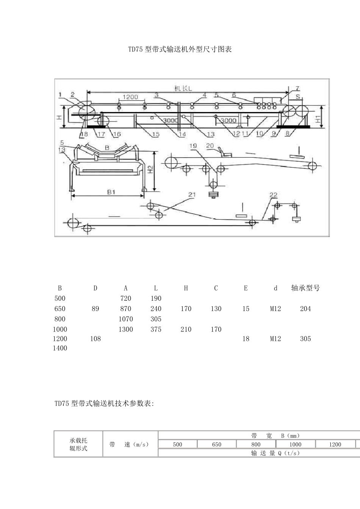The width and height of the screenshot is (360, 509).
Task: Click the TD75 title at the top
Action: pos(180,49)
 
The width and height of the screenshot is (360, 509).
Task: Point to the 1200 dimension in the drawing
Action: pos(130,97)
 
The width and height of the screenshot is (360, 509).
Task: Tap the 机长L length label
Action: pos(183,88)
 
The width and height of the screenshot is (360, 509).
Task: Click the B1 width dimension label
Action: pos(111,192)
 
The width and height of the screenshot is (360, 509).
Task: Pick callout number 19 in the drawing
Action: pos(193,146)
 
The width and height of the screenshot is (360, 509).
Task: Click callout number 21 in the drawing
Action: pos(192,195)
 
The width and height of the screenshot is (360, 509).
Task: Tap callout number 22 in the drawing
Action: pos(273,195)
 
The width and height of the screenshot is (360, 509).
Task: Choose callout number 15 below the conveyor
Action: pos(156,134)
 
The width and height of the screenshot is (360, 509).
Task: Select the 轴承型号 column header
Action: pos(305,288)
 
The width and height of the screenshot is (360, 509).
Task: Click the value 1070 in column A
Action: pos(126,319)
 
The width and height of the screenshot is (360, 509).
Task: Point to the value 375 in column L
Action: pos(156,329)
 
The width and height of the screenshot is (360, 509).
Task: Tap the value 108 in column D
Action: pos(95,339)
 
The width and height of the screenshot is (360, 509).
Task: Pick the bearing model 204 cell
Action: pos(305,309)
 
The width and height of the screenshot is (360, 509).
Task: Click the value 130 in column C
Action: pos(216,309)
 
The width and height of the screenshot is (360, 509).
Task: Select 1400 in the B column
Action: pos(60,348)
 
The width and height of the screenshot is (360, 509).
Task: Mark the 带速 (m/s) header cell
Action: pos(129,444)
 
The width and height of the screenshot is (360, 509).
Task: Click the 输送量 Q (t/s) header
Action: pos(275,453)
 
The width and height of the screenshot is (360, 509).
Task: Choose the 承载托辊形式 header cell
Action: pos(78,444)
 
